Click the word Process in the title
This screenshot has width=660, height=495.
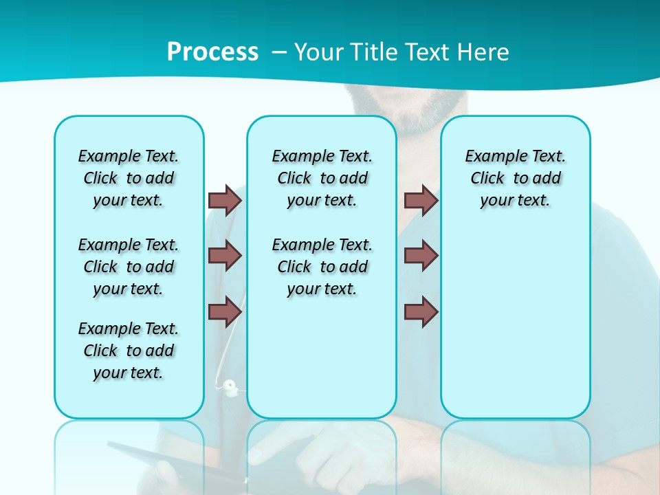pos(212,52)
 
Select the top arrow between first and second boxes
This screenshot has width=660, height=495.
pos(225,200)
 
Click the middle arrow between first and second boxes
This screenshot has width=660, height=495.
pos(225,256)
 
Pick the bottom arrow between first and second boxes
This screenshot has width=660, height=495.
pos(225,311)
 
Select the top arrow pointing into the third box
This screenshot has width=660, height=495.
pos(421,200)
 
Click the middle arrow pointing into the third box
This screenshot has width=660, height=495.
pos(421,256)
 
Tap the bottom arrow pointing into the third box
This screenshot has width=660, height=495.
pos(421,311)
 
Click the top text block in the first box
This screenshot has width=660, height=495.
pos(129,178)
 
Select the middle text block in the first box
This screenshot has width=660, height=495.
pos(129,267)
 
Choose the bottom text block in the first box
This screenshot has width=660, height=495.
pos(129,351)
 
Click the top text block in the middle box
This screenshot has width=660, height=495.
pos(322,178)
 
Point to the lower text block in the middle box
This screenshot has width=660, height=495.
pos(322,267)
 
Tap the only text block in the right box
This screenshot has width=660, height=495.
pos(516,178)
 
